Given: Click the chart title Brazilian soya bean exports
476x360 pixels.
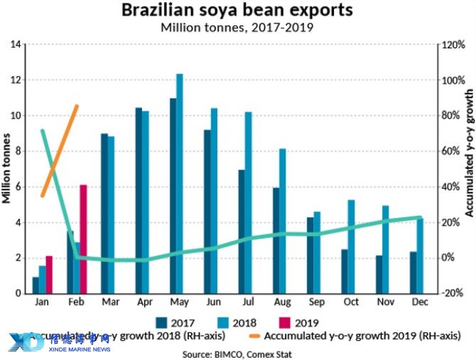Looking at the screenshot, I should coord(237,11).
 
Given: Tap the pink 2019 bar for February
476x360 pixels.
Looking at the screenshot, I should coord(83,239).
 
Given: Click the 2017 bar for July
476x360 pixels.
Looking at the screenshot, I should coord(242,231).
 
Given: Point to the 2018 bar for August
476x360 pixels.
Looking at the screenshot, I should coord(283,221).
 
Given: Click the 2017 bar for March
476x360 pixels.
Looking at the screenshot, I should coord(104,213).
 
